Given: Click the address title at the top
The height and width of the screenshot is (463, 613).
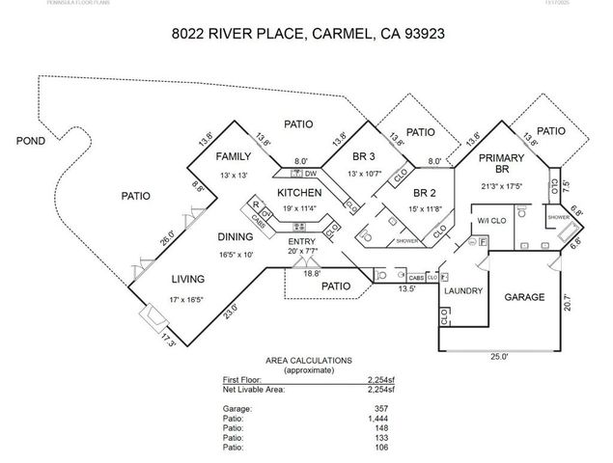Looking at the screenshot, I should pyautogui.click(x=307, y=33).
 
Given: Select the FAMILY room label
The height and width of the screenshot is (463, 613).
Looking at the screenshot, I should pyautogui.click(x=233, y=156).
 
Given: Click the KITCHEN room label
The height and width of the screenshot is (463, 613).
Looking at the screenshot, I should pyautogui.click(x=299, y=193).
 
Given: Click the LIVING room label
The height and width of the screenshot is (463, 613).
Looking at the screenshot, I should pyautogui.click(x=189, y=280).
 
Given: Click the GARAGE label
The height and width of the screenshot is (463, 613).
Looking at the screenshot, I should pyautogui.click(x=526, y=297).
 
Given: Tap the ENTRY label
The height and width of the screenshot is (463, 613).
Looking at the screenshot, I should pyautogui.click(x=302, y=240).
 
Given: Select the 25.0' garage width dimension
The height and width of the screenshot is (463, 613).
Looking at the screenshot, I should pyautogui.click(x=497, y=356).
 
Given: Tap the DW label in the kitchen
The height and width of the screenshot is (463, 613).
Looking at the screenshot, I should pyautogui.click(x=310, y=174).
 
